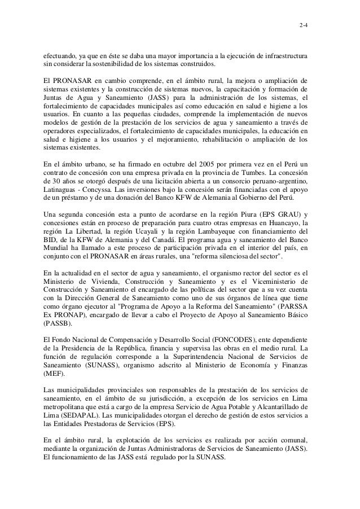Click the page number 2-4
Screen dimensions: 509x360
[x=303, y=25]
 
